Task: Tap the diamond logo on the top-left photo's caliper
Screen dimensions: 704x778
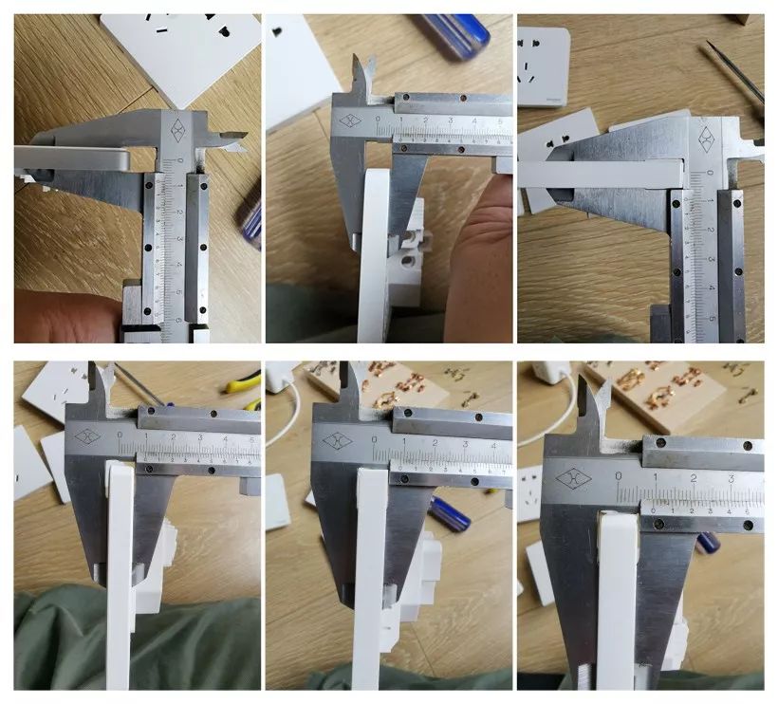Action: [x=177, y=131]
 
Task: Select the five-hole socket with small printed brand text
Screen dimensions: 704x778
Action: [x=543, y=65]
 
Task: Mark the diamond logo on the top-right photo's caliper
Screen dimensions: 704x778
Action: [x=707, y=139]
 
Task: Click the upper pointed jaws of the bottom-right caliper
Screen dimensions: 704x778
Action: [x=595, y=398]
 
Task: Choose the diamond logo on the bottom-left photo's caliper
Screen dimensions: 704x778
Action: [x=87, y=437]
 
